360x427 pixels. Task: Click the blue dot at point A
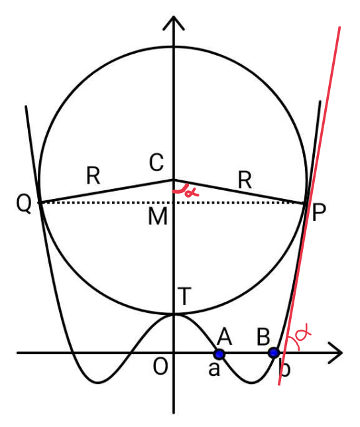coord(219,354)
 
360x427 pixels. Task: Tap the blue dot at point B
coord(274,353)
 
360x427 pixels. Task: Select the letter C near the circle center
coord(156,162)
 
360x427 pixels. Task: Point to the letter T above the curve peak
coord(184,296)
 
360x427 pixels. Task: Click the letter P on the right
coord(319,212)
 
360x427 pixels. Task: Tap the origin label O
coord(160,367)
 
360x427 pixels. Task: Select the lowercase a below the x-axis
coord(213,369)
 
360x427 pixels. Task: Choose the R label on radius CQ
coord(93,176)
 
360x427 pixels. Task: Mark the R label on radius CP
coord(245,180)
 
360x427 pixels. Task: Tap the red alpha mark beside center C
coord(186,191)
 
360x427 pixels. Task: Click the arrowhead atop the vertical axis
coord(174,23)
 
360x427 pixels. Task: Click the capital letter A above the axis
coord(224,337)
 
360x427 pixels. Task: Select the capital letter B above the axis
coord(263,337)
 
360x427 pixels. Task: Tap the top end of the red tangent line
coord(339,27)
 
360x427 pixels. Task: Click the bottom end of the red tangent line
coord(279,385)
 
